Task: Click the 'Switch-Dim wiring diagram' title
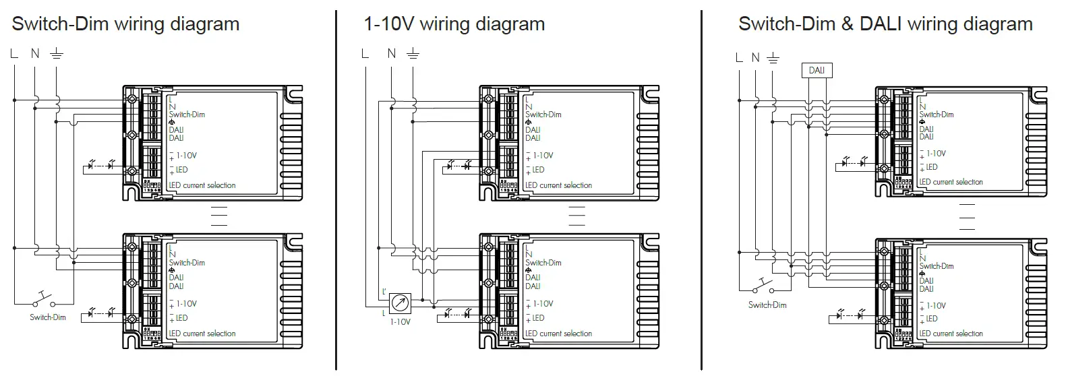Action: click(125, 24)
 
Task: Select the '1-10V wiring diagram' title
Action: click(454, 24)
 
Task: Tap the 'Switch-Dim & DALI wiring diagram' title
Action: click(885, 24)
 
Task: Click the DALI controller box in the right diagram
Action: click(817, 70)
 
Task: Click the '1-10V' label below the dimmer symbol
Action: click(400, 321)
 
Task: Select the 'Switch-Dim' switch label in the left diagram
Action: click(48, 317)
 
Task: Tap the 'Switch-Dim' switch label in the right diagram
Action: click(767, 305)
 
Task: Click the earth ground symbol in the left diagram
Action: click(57, 54)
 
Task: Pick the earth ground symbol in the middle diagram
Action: click(413, 54)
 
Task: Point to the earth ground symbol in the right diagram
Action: click(773, 59)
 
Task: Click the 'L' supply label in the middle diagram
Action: click(365, 53)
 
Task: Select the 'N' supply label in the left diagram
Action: click(35, 53)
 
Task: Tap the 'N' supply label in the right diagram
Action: click(755, 58)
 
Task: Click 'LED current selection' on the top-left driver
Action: click(202, 185)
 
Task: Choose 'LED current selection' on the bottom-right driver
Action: click(951, 334)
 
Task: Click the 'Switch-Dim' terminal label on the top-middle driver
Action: click(543, 115)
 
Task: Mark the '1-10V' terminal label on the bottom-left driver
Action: click(187, 304)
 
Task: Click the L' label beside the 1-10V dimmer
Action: click(384, 291)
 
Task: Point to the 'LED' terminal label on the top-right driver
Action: click(932, 167)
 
